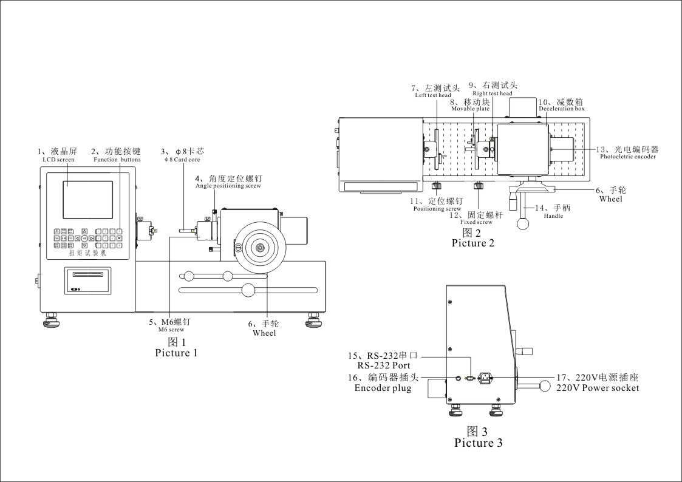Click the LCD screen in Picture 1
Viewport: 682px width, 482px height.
pos(88,200)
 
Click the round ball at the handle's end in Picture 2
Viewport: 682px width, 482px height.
pos(522,223)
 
